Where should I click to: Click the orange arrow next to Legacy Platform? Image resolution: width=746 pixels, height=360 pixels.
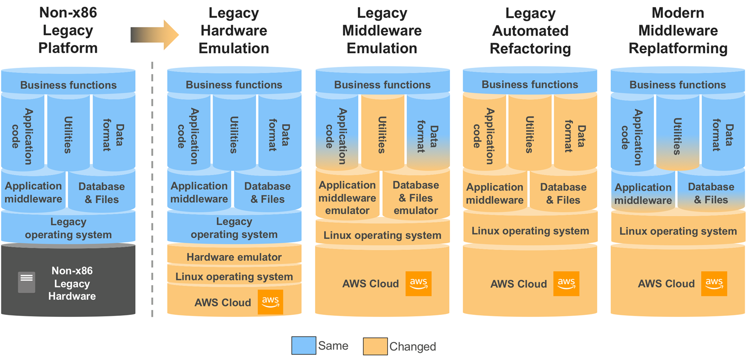point(155,35)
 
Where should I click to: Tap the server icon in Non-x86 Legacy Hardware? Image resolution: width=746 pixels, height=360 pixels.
point(27,282)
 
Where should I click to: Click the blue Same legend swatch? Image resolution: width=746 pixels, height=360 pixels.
point(304,346)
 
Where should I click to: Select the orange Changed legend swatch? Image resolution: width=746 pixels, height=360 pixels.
point(375,346)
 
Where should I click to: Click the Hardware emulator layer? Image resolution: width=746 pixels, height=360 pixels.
point(234,257)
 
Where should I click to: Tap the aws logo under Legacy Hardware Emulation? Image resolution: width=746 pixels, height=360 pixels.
point(270,302)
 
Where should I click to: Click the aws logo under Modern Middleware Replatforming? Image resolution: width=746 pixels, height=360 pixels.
point(714,284)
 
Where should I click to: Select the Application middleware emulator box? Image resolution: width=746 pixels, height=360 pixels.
point(347,198)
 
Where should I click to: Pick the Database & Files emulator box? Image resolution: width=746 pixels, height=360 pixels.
point(416,198)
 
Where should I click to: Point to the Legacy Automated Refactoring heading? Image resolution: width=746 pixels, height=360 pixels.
point(530,31)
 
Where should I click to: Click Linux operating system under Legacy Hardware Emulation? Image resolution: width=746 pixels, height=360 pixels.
point(234,277)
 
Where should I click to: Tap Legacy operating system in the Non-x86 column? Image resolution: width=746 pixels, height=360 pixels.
point(68,228)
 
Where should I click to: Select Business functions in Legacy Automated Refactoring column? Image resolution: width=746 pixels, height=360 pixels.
point(530,84)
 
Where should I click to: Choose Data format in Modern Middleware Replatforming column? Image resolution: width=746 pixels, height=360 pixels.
point(723,135)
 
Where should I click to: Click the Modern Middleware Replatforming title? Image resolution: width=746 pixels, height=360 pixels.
point(678,31)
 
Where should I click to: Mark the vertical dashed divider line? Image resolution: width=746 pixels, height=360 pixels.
point(152,190)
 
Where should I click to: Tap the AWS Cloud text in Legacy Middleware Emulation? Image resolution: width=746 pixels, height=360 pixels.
point(371,284)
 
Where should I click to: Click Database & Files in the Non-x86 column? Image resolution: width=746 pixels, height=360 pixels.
point(102,193)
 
